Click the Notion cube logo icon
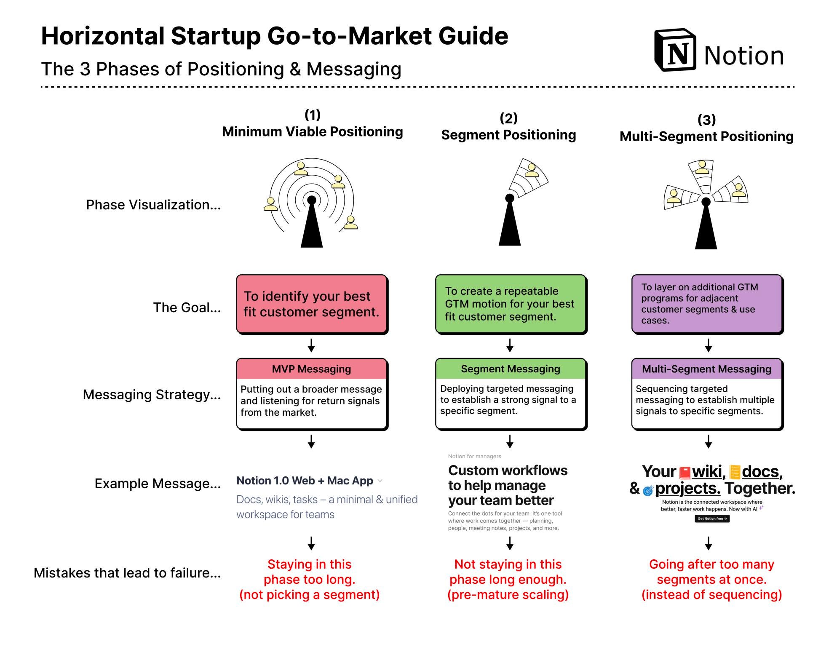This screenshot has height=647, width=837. point(675,51)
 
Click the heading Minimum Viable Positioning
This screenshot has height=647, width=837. point(312,131)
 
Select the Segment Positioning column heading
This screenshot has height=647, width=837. point(508,135)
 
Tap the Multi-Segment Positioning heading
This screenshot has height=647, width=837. point(706,136)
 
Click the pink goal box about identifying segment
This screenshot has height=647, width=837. point(312,304)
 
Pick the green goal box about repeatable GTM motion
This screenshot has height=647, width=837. point(511,304)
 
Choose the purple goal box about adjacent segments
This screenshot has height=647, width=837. point(707,304)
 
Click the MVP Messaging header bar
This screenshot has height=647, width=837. point(312,369)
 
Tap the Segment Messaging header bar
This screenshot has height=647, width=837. point(511,369)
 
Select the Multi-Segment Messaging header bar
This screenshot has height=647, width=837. point(707,369)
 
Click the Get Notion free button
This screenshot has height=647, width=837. point(712,519)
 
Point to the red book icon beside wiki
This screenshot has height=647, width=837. point(685,473)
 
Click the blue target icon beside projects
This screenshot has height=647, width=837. point(648,490)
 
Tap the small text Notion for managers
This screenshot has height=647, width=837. point(474,456)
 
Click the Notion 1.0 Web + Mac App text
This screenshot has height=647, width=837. point(305,481)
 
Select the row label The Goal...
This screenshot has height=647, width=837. point(187,307)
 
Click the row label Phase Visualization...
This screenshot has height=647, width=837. point(153,205)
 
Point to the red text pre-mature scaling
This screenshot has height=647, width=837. point(508,594)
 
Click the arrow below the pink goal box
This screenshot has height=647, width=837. point(311,345)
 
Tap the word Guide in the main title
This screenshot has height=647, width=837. point(473,36)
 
